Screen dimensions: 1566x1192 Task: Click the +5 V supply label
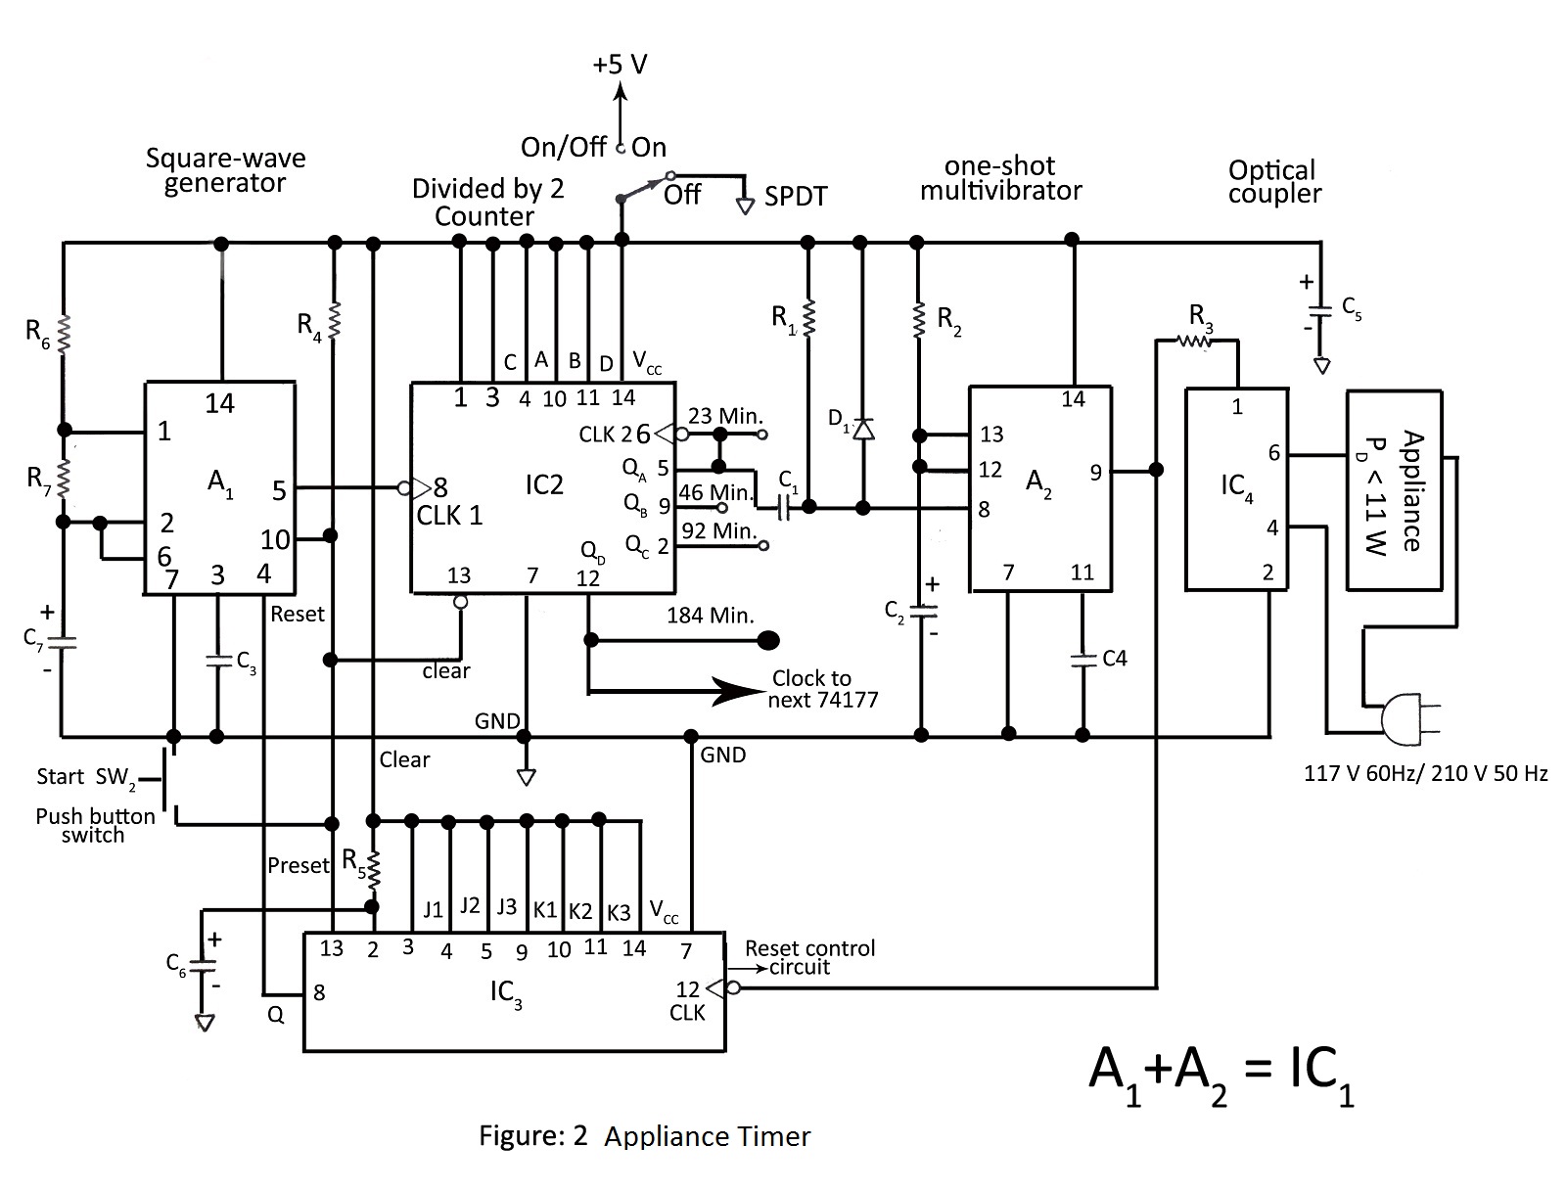620,65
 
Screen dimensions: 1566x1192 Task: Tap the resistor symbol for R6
64,334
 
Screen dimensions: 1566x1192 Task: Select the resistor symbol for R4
333,320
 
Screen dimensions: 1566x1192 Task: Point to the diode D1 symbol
863,429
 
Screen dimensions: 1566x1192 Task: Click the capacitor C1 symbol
784,508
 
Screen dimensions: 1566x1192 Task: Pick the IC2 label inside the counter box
544,485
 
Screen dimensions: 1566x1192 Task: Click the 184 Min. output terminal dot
767,640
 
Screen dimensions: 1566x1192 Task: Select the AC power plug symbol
1409,718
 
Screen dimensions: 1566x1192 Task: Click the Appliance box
1394,490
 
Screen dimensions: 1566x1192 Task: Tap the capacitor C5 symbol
1320,311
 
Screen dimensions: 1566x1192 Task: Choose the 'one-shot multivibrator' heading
1000,178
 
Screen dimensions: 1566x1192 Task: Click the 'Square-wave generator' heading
225,170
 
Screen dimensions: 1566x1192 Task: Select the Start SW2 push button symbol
169,781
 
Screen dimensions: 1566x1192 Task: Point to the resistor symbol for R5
373,870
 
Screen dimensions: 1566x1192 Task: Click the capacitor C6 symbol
203,965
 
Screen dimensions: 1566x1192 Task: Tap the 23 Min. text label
725,415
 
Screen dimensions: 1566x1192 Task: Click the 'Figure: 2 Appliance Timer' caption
644,1136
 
